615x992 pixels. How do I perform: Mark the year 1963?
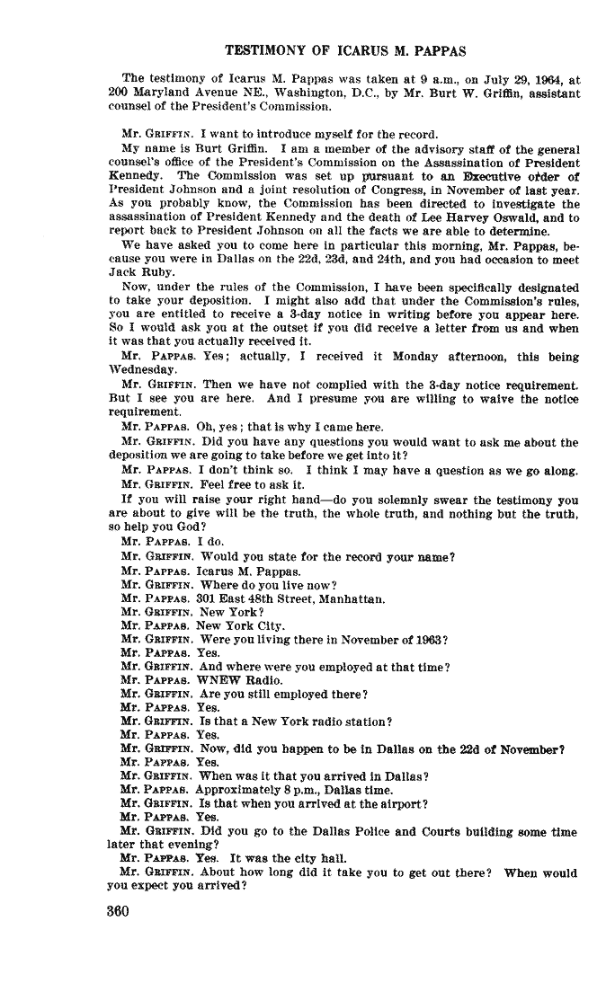click(426, 639)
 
